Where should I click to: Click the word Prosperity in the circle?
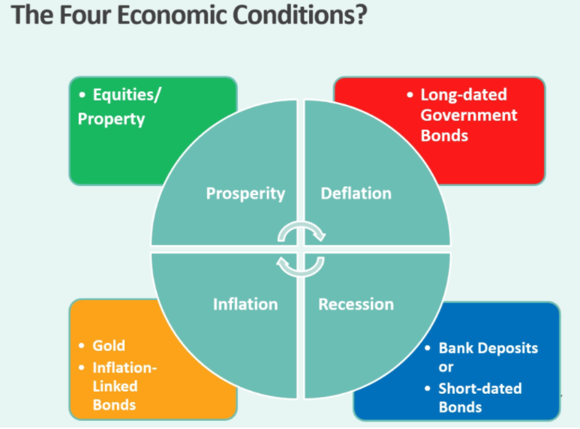click(245, 193)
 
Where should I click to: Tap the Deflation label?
click(356, 193)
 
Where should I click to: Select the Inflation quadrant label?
click(245, 304)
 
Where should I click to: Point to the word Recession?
click(356, 304)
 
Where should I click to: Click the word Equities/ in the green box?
click(127, 95)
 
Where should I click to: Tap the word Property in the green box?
click(111, 119)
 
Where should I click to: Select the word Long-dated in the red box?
click(464, 95)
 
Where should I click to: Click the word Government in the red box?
click(469, 115)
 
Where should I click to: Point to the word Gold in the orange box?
click(109, 346)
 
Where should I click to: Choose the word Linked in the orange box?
click(115, 386)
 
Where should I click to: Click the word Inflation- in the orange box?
click(125, 368)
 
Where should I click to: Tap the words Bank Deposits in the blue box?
click(488, 349)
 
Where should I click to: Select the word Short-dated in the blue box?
click(480, 388)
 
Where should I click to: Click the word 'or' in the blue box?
click(446, 367)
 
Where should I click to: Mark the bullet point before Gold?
click(82, 346)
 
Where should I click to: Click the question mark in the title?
click(359, 15)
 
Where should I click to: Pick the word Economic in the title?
click(172, 15)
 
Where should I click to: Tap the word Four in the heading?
click(86, 15)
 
